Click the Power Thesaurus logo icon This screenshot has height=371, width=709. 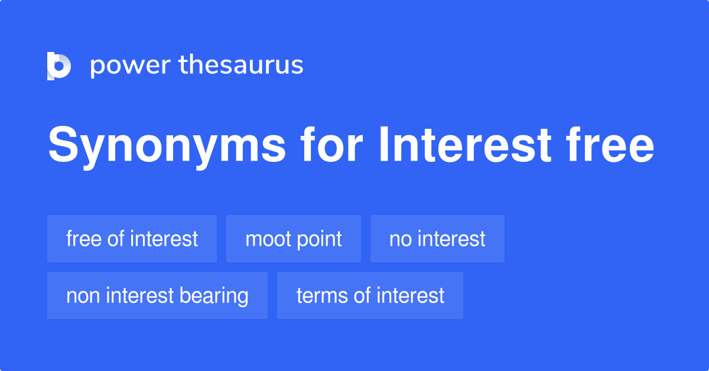click(x=59, y=66)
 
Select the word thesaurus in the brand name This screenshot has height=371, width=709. click(x=241, y=66)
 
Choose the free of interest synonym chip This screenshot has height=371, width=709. click(x=132, y=239)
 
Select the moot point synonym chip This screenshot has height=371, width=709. click(x=293, y=239)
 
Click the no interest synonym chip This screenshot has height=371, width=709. click(x=437, y=239)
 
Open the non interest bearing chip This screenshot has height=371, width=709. click(x=157, y=295)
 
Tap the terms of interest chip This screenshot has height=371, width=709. click(x=370, y=295)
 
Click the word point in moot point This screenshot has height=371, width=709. click(x=320, y=239)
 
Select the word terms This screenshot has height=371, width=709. click(x=322, y=295)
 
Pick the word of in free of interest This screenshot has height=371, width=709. click(x=117, y=239)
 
